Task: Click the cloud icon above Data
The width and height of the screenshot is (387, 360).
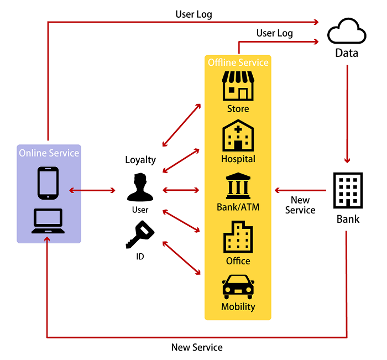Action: [x=347, y=33]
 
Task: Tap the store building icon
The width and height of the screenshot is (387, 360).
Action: [x=238, y=86]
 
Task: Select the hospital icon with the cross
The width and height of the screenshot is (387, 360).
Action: [x=238, y=136]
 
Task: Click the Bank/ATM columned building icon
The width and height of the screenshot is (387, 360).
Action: [x=238, y=186]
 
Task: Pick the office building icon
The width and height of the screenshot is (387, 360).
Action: [x=238, y=237]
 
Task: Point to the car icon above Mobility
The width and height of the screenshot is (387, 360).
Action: [x=238, y=286]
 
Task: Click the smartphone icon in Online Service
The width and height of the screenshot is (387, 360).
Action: [x=48, y=183]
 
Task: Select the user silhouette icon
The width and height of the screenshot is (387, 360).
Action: [x=140, y=188]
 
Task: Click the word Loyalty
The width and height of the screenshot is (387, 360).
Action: [x=140, y=160]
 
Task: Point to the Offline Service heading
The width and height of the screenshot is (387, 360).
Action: [x=238, y=62]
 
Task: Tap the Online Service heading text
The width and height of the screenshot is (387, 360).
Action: [x=49, y=153]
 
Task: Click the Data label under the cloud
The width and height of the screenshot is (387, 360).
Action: [x=347, y=53]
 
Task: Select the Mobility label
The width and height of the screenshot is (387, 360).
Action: [x=238, y=307]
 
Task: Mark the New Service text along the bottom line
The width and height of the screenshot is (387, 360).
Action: [x=197, y=347]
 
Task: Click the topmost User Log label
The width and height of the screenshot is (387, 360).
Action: [x=193, y=14]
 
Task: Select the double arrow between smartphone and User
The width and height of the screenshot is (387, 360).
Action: [x=92, y=191]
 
